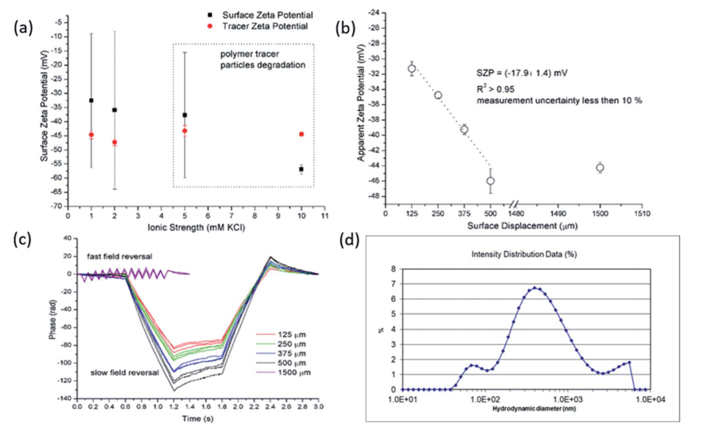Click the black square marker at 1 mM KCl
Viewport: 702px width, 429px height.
(x=91, y=100)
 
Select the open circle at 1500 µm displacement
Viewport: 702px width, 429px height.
(x=600, y=167)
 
